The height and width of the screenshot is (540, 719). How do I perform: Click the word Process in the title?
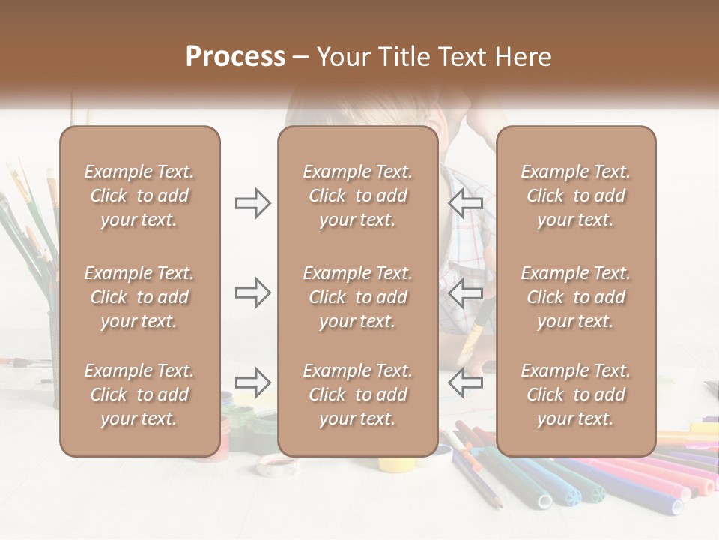click(x=235, y=57)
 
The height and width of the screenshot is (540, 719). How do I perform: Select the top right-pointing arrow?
click(x=252, y=203)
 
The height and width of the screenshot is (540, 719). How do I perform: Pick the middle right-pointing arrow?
click(x=252, y=292)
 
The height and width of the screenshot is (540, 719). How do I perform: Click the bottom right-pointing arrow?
click(x=252, y=382)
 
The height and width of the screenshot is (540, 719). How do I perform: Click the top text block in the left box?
click(x=139, y=196)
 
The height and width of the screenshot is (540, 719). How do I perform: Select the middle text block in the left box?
click(x=139, y=297)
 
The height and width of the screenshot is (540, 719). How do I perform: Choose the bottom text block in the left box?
click(x=139, y=394)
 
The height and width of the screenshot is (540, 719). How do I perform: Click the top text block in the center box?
click(x=358, y=196)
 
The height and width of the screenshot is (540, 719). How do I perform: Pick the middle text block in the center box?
click(x=358, y=297)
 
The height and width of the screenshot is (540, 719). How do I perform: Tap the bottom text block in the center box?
click(x=358, y=394)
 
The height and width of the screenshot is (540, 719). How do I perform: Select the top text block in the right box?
click(x=576, y=196)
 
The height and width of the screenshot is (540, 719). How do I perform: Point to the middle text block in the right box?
click(x=576, y=297)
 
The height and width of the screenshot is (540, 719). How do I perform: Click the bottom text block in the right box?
click(x=576, y=394)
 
